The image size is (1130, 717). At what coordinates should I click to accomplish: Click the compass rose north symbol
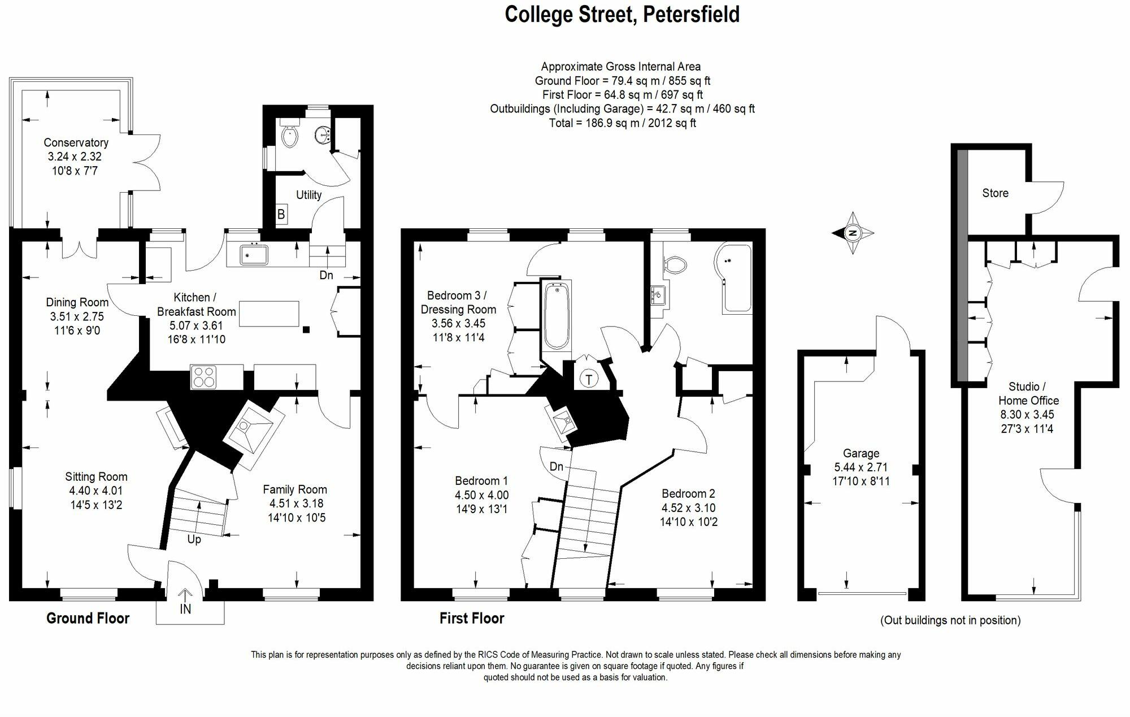pos(853,233)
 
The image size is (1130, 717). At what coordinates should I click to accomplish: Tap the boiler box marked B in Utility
pos(281,215)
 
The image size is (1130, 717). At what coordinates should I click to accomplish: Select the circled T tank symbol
pos(589,379)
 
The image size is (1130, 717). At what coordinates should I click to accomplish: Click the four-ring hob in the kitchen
pos(204,377)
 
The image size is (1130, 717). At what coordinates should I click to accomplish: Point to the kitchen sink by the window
pos(250,254)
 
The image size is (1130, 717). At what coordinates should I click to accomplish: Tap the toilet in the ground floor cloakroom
pos(290,136)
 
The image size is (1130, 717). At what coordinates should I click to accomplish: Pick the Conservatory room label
pos(76,143)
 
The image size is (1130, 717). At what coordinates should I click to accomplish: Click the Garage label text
pos(860,453)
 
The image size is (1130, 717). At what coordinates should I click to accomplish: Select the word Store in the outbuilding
pos(995,193)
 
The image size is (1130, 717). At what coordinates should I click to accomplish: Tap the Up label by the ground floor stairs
pos(194,540)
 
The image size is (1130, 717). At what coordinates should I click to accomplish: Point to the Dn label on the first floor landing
pos(557,466)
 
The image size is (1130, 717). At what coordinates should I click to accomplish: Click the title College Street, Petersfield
pos(621,14)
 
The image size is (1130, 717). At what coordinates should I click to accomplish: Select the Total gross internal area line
pos(622,123)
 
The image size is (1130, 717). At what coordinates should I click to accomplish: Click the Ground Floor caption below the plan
pos(88,618)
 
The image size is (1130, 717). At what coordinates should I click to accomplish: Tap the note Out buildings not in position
pos(950,620)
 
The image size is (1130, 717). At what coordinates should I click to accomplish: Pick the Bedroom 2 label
pos(688,494)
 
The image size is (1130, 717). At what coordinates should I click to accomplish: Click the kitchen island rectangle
pos(269,314)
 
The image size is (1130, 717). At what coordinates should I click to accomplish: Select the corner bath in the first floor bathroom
pos(734,280)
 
